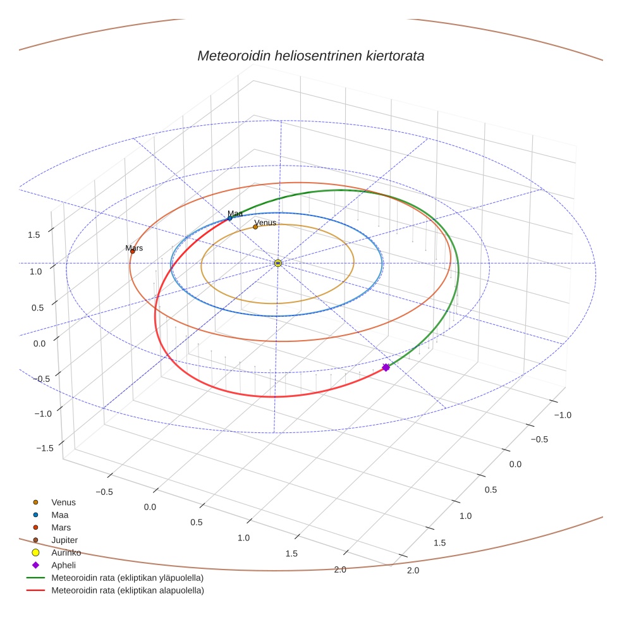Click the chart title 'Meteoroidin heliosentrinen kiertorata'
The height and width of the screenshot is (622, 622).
click(x=310, y=56)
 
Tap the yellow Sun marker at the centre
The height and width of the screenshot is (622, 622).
click(x=278, y=262)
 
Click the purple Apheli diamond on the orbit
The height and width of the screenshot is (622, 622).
click(x=386, y=367)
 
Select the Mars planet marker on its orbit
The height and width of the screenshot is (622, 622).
click(x=133, y=252)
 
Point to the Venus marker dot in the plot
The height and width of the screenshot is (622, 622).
click(x=255, y=226)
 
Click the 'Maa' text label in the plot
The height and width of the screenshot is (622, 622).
click(x=235, y=214)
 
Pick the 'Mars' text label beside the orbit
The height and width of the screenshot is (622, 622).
click(x=134, y=248)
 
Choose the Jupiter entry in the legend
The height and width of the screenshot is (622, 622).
click(x=64, y=540)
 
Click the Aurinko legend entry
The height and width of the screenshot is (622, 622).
click(x=66, y=552)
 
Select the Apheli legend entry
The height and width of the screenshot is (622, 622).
click(x=63, y=565)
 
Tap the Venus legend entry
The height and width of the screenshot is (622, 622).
click(x=63, y=503)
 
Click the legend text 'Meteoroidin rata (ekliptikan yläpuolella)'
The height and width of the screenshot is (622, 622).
click(x=127, y=578)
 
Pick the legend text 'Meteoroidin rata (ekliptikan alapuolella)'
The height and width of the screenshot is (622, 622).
click(x=127, y=590)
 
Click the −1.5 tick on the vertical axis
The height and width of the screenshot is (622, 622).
click(x=44, y=448)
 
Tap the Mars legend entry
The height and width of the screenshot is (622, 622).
click(x=61, y=527)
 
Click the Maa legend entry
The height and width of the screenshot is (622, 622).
click(x=59, y=515)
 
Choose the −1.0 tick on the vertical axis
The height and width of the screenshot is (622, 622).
click(x=42, y=413)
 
